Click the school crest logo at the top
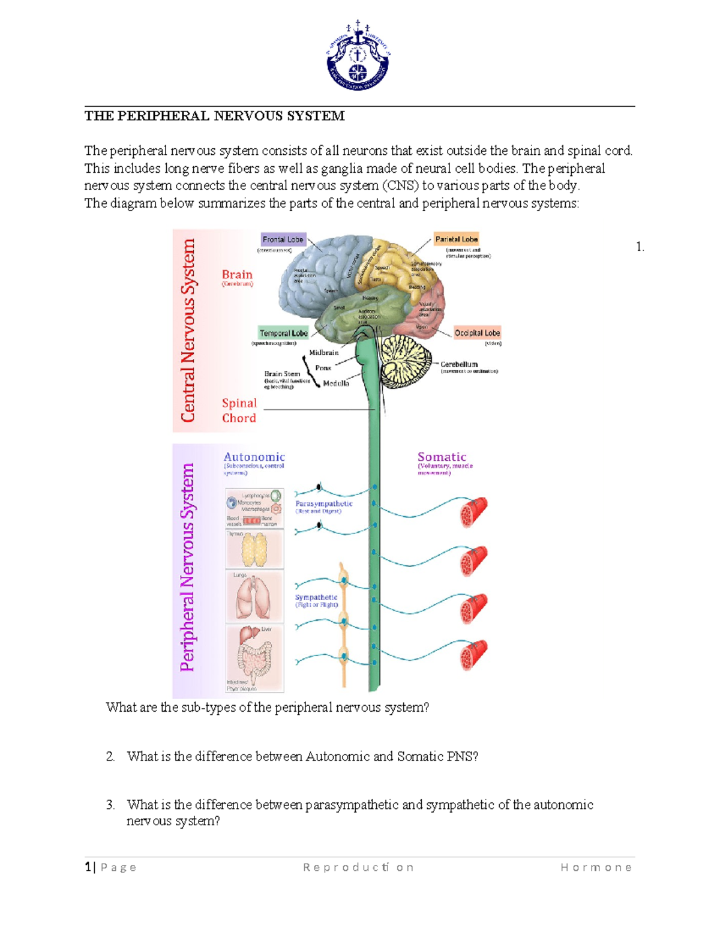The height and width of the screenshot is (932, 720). pyautogui.click(x=358, y=55)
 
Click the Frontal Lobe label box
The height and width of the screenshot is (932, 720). pyautogui.click(x=283, y=239)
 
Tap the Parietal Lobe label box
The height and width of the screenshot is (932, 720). pyautogui.click(x=456, y=239)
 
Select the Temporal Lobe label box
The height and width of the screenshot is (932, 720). pyautogui.click(x=283, y=333)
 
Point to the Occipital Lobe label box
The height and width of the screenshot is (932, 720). pyautogui.click(x=477, y=333)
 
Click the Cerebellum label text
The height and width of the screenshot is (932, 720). pyautogui.click(x=459, y=364)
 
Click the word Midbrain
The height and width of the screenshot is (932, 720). pyautogui.click(x=324, y=353)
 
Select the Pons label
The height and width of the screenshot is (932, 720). pyautogui.click(x=323, y=368)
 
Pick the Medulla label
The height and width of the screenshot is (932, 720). pyautogui.click(x=336, y=383)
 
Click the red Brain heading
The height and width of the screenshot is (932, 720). pyautogui.click(x=237, y=275)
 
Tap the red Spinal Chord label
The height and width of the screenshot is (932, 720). pyautogui.click(x=239, y=410)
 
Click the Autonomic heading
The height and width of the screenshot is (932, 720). pyautogui.click(x=254, y=457)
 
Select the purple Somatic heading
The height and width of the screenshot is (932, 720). pyautogui.click(x=442, y=457)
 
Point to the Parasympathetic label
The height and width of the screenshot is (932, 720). pyautogui.click(x=324, y=504)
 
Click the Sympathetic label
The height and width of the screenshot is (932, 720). pyautogui.click(x=316, y=598)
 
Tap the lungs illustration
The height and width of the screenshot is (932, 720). pyautogui.click(x=254, y=597)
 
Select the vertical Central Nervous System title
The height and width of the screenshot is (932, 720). pyautogui.click(x=188, y=330)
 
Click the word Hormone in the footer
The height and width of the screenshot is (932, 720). pyautogui.click(x=596, y=867)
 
